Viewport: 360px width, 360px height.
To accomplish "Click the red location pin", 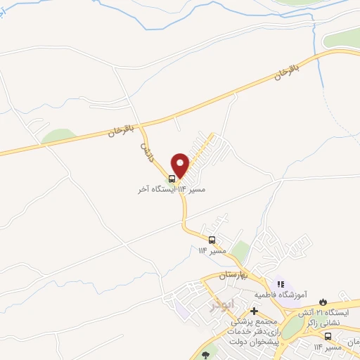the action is (181, 165).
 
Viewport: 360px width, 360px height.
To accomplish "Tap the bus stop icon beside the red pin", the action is (172, 179).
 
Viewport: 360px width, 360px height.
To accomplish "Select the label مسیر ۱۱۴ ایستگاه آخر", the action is (164, 190).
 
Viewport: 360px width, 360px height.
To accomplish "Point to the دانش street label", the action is (146, 150).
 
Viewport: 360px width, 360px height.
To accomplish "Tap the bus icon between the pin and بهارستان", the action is (212, 239).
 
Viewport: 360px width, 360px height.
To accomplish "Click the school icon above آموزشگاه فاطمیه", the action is (281, 283).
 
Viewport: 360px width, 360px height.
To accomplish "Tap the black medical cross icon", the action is (254, 311).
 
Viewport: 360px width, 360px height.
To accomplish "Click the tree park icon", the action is (205, 355).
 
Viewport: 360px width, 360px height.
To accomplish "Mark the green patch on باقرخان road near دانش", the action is (58, 136).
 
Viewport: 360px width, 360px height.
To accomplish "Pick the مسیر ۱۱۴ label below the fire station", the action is (328, 347).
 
